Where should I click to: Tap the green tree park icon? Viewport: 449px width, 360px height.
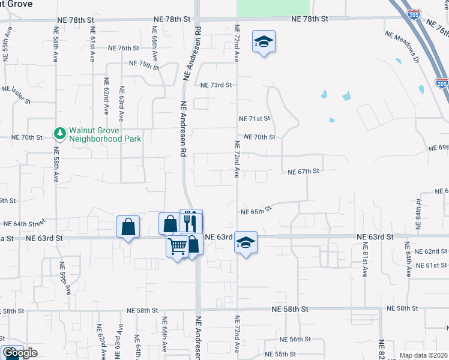(59, 133)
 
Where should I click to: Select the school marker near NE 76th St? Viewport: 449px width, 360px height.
(264, 42)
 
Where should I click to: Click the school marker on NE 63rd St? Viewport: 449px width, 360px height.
(246, 243)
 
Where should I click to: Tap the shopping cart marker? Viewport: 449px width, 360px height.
(178, 246)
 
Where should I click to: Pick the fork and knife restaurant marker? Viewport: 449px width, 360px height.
(191, 221)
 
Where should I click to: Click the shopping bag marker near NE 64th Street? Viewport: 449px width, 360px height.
(128, 227)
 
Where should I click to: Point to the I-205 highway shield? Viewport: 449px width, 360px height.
(442, 84)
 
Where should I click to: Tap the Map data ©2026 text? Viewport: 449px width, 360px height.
(423, 355)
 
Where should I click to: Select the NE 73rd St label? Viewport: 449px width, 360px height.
(215, 85)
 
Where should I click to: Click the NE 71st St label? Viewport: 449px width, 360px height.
(255, 119)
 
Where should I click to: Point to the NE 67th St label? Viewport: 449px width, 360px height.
(303, 172)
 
